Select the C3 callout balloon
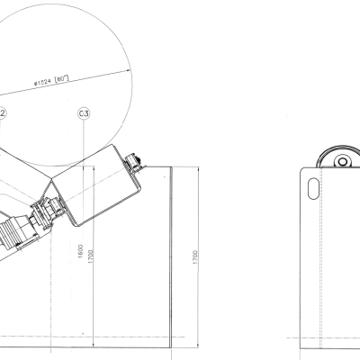point(83,113)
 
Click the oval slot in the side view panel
point(311,188)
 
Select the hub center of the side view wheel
point(343,162)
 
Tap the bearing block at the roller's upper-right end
point(137,163)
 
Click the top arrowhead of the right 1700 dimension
point(195,168)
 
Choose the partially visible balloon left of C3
point(3,113)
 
